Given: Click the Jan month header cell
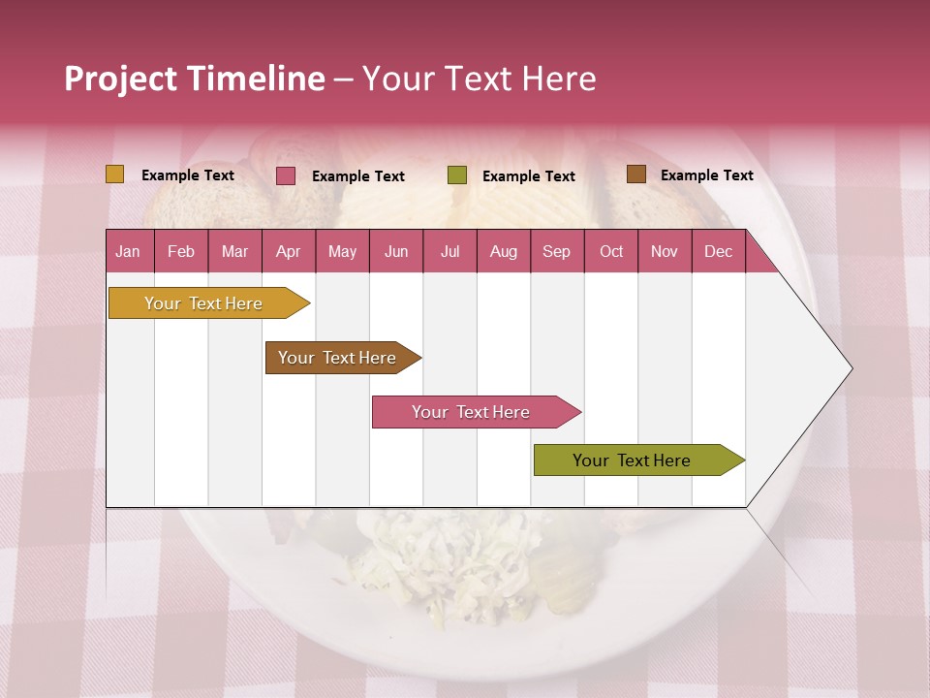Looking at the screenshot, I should click(x=129, y=252).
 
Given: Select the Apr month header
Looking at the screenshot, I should click(x=289, y=252).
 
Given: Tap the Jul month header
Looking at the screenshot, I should click(x=449, y=252).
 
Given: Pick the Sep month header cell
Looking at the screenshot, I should click(x=557, y=252).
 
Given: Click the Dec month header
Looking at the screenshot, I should click(x=718, y=252).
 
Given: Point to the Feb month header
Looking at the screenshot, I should click(x=181, y=252).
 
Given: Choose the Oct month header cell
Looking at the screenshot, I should click(x=611, y=252).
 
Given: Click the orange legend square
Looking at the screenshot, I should click(x=115, y=174).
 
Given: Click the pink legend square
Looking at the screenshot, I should click(x=286, y=175).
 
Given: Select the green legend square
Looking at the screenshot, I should click(x=457, y=175).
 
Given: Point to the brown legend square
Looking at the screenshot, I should click(x=635, y=174).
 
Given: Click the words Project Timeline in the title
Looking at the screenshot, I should click(x=194, y=79).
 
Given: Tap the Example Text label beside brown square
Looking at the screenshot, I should click(x=706, y=175).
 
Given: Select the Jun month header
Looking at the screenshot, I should click(x=396, y=252).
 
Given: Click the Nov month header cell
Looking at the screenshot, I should click(x=665, y=252).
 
